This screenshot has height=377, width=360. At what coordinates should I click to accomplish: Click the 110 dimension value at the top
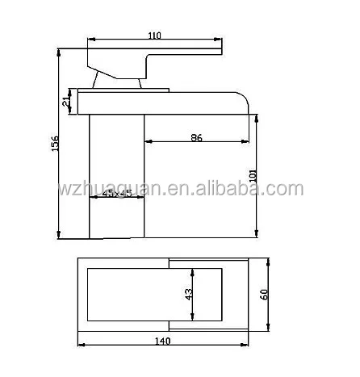pos(154,36)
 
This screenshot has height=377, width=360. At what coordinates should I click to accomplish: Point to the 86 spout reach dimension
pos(196,138)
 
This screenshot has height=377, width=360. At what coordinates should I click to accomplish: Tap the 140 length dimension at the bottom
pos(163,341)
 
